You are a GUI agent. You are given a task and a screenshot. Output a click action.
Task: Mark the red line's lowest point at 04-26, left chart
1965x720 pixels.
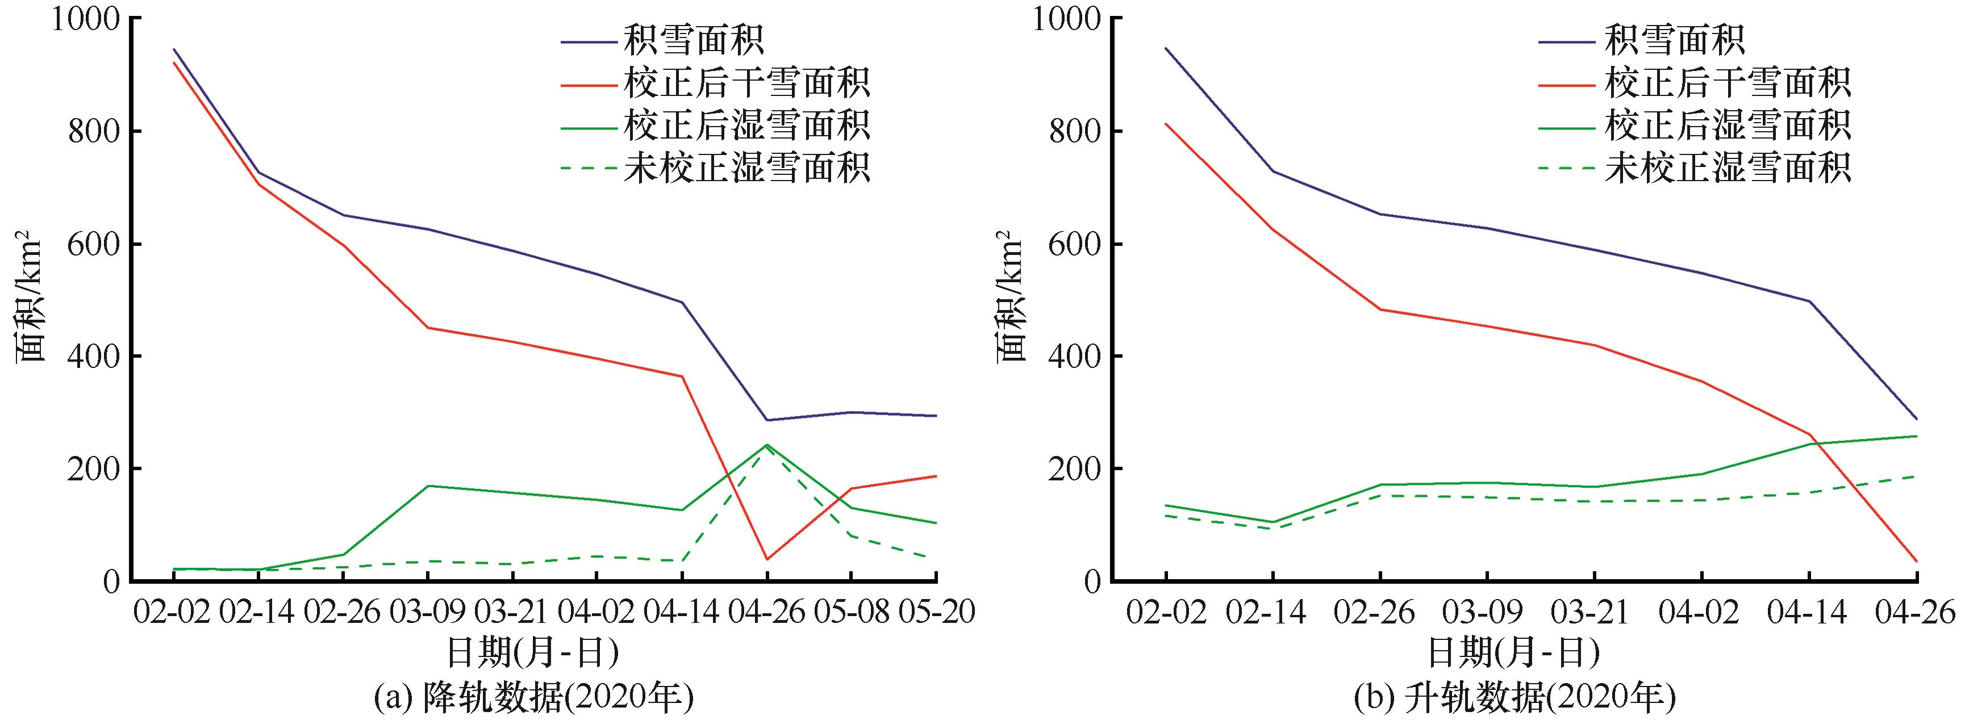[766, 559]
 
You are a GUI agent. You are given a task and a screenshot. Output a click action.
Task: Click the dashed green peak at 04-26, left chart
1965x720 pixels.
[766, 449]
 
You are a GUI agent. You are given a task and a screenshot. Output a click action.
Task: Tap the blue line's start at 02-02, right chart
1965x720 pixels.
[1166, 48]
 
